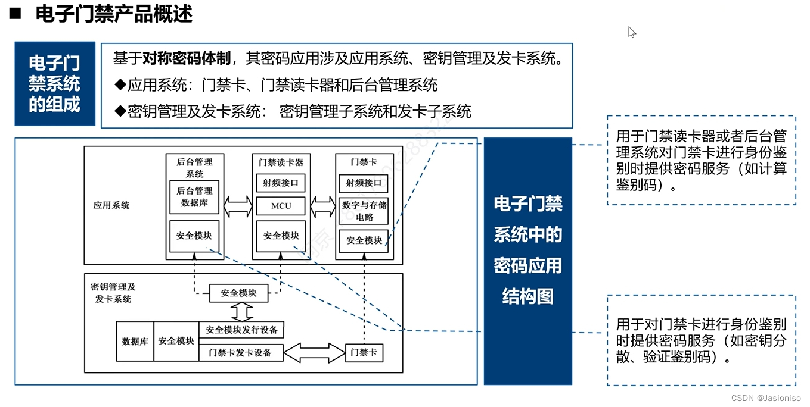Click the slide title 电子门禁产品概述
[x=114, y=13]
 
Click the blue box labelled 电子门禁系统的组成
[x=55, y=84]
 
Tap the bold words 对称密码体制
[x=187, y=58]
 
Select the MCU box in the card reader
[x=281, y=206]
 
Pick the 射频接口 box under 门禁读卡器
[x=281, y=183]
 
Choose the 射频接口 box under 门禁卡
[x=364, y=183]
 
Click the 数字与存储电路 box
[x=364, y=211]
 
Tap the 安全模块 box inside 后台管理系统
[x=194, y=236]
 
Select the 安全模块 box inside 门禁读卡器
[x=281, y=236]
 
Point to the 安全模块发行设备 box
[x=241, y=329]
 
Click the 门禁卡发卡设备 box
[x=240, y=352]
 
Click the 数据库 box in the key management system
[x=135, y=342]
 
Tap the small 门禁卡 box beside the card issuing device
[x=364, y=352]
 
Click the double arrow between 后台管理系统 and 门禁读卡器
[x=238, y=206]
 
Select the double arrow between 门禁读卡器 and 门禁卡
[x=323, y=206]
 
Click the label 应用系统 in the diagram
[x=111, y=205]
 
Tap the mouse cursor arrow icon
[x=632, y=32]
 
